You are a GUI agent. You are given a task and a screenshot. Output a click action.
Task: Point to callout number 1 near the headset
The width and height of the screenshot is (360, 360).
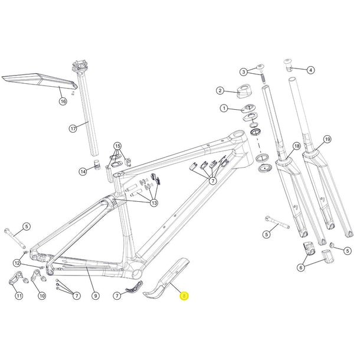click(x=224, y=109)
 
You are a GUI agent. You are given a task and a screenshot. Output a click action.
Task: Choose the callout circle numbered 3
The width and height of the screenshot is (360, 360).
click(x=243, y=72)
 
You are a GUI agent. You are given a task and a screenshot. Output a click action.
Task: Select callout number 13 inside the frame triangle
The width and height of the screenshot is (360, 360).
click(x=154, y=202)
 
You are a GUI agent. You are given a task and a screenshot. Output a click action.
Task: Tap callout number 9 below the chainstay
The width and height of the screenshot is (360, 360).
click(x=94, y=294)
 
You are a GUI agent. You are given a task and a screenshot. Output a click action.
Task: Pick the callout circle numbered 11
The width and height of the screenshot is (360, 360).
click(x=19, y=295)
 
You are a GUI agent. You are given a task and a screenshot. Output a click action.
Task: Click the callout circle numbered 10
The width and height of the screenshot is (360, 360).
click(x=41, y=295)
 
